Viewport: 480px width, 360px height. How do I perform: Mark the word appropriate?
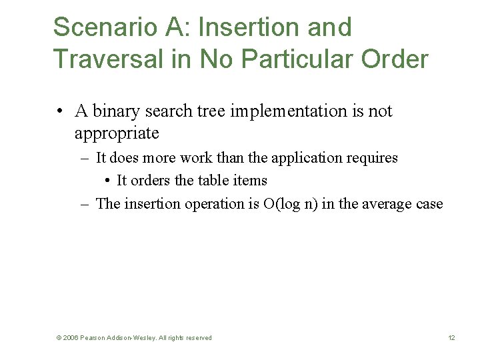[x=117, y=133]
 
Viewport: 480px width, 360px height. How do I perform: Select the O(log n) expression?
[x=290, y=204]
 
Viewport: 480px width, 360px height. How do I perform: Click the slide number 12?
[x=451, y=338]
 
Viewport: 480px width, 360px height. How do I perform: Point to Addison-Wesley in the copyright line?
[x=134, y=338]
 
